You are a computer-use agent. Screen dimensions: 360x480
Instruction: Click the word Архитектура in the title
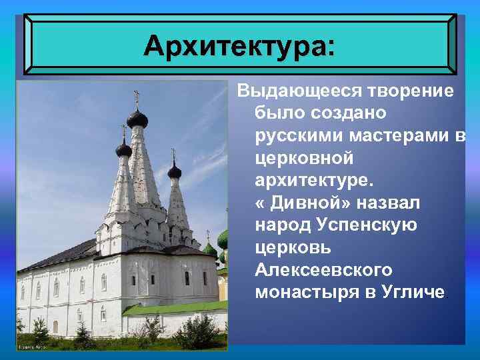click(234, 46)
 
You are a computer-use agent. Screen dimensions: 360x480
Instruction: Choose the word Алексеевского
click(323, 270)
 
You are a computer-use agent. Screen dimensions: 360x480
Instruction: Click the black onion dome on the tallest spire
click(137, 119)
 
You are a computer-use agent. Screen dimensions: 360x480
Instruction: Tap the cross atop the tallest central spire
click(137, 96)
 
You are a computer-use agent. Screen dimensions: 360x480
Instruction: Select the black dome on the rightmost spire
click(175, 172)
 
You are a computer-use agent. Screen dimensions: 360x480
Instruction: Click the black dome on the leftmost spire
click(124, 149)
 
